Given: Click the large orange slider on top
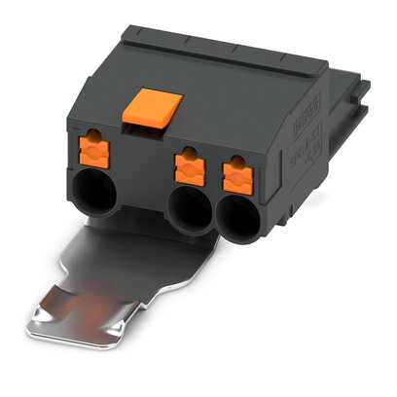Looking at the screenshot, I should pyautogui.click(x=151, y=104).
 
